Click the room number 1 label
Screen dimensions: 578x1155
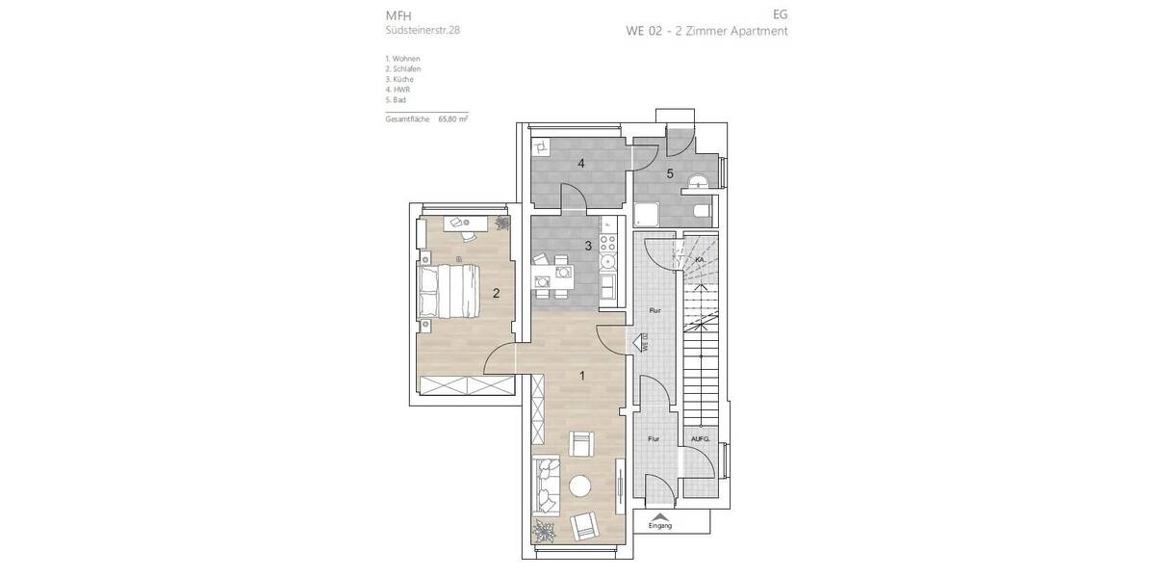click(x=581, y=376)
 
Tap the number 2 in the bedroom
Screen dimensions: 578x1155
click(x=496, y=294)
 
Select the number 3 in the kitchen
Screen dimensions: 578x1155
click(x=588, y=246)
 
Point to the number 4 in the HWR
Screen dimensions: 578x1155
click(x=581, y=164)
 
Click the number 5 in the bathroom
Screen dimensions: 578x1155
click(x=670, y=174)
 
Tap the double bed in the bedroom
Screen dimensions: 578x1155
click(x=448, y=292)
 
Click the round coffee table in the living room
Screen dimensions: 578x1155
click(x=581, y=486)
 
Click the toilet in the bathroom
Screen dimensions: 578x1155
click(x=702, y=209)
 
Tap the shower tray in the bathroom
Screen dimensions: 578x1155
click(x=646, y=212)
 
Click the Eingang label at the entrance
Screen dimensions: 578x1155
click(x=660, y=525)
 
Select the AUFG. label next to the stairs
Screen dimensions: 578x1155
click(x=700, y=439)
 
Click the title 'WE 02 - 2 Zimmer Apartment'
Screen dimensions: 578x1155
click(x=706, y=31)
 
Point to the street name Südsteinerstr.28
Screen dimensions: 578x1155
click(x=423, y=31)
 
